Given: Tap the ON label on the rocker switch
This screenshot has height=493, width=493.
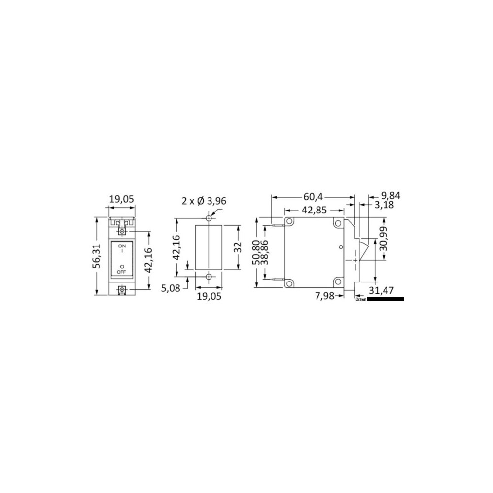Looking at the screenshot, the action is (122, 246).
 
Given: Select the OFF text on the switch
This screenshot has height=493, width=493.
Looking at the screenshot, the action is (121, 272).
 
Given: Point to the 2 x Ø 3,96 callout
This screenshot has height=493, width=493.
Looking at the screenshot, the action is (204, 201).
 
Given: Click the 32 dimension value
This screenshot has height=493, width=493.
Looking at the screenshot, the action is (238, 247).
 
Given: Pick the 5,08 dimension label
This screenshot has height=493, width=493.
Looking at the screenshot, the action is (171, 288).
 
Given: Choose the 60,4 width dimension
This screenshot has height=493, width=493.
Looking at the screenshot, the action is (313, 197).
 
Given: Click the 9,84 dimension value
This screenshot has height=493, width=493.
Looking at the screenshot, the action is (391, 196).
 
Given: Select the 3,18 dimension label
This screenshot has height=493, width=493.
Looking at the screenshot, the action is (384, 205).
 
